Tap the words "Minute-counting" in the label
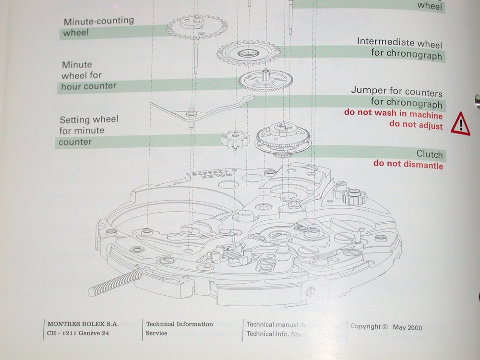[x=98, y=22]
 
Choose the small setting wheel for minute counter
[x=236, y=139]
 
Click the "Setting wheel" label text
[x=88, y=119]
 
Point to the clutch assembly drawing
[x=282, y=139]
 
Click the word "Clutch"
[x=429, y=154]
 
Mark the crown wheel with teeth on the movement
[x=354, y=196]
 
